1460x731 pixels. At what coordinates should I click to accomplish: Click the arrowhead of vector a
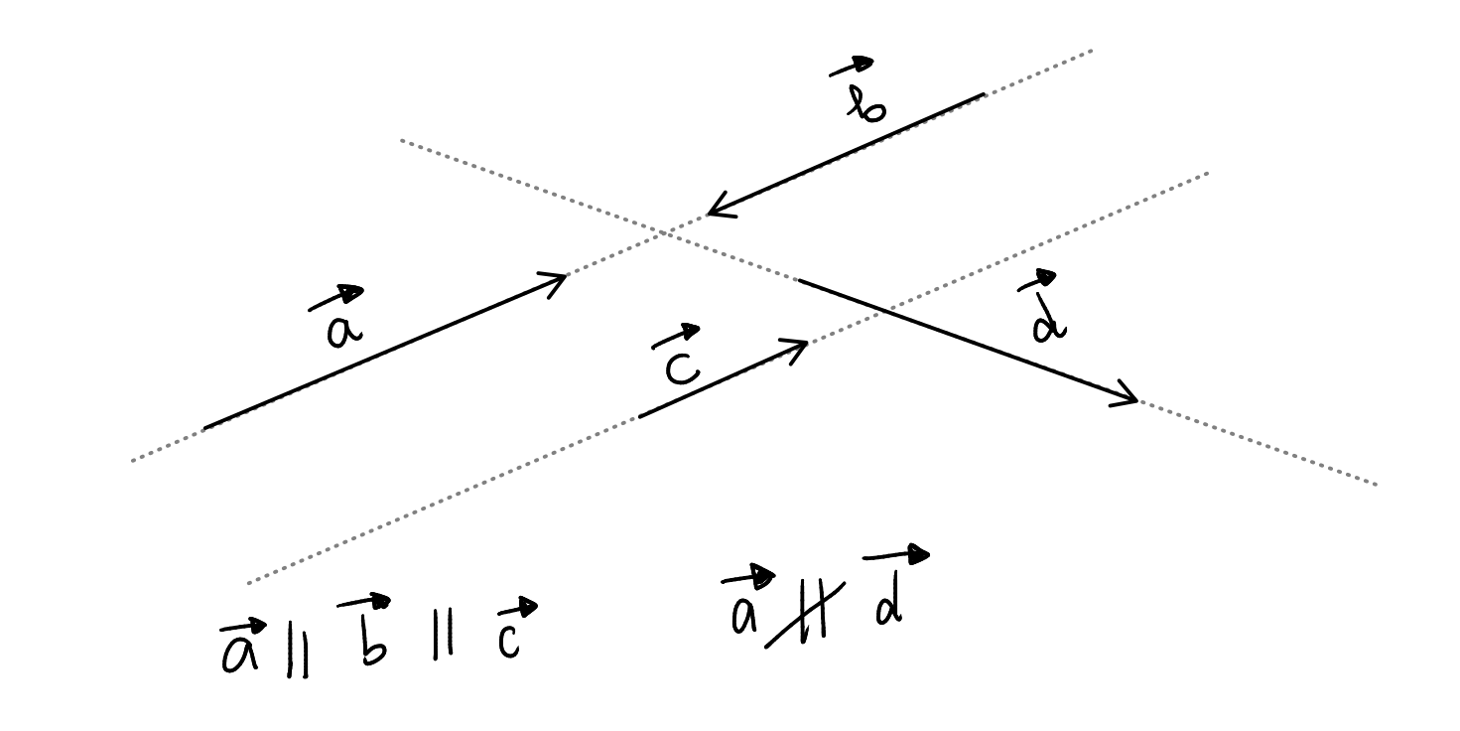[565, 275]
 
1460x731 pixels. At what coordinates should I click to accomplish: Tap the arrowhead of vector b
[709, 214]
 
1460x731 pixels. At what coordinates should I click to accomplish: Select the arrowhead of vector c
[808, 344]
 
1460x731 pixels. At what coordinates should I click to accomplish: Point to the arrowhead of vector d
[1136, 401]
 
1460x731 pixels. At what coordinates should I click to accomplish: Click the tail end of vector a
[205, 427]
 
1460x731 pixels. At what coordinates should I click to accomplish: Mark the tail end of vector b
[983, 95]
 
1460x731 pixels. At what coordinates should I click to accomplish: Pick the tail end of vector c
[640, 416]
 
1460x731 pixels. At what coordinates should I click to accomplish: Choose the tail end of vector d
[800, 281]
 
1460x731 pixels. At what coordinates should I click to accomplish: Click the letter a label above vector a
[340, 330]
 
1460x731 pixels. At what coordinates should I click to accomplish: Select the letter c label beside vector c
[681, 367]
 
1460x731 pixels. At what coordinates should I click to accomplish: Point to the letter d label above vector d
[1046, 320]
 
